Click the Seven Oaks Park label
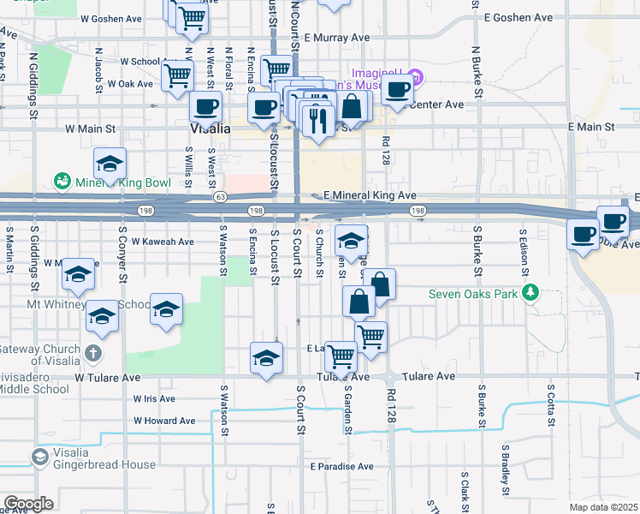click(x=473, y=295)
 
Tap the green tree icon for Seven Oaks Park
click(x=531, y=294)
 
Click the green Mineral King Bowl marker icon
click(x=62, y=181)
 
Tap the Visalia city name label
click(x=209, y=128)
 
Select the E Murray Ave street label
click(x=341, y=38)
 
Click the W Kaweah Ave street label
click(x=163, y=242)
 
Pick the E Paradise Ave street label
click(x=342, y=466)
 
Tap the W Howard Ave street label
click(x=164, y=421)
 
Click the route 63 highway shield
click(x=219, y=196)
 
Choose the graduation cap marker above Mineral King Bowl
click(x=110, y=163)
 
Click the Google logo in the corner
click(x=27, y=503)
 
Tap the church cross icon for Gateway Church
click(x=94, y=351)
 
